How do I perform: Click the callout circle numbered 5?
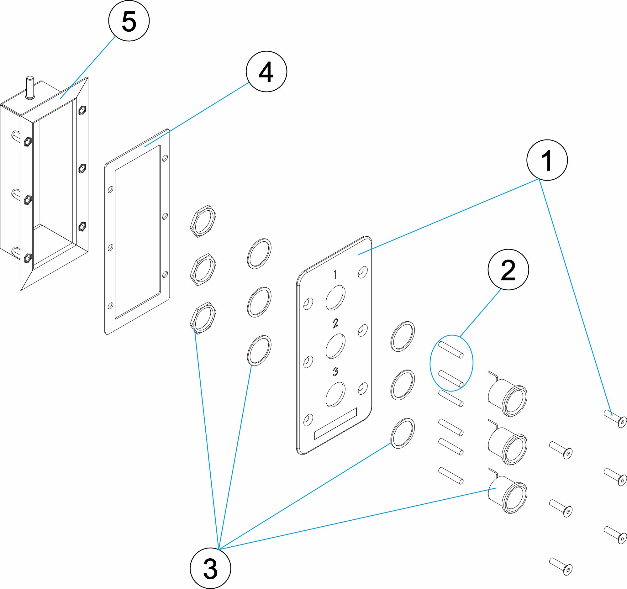pos(129,21)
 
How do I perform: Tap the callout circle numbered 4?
pos(266,71)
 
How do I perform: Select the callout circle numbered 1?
pos(547,160)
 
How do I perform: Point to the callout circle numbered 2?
pos(508,270)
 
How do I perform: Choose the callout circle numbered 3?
pos(210,568)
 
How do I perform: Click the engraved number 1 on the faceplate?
pos(335,275)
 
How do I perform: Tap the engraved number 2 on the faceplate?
pos(335,323)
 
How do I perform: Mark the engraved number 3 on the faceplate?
pos(335,372)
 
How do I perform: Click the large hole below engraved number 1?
pos(335,298)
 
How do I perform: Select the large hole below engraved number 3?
pos(335,395)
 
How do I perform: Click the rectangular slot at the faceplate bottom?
pos(335,424)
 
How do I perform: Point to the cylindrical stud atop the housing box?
pos(30,87)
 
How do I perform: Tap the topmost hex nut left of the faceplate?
pos(203,221)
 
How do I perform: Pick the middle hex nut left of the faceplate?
pos(203,269)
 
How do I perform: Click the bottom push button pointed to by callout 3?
pos(508,495)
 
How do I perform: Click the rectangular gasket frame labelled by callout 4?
pos(137,232)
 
